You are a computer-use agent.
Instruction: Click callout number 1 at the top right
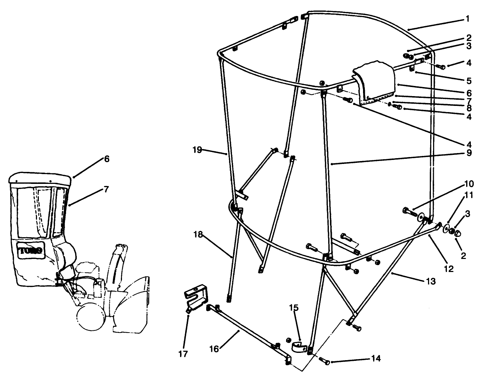pos(468,18)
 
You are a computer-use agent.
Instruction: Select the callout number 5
pos(468,80)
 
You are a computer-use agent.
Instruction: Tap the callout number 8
pos(468,108)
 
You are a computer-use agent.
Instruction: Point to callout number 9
pos(468,153)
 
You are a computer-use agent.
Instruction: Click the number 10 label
pos(468,184)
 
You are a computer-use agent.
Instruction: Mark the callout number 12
pos(449,269)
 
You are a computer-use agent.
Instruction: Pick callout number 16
pos(215,349)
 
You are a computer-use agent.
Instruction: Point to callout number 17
pos(183,354)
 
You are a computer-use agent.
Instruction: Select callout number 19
pos(197,150)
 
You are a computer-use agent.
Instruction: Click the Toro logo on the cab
pos(30,250)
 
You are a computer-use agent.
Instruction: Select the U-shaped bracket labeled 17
pos(195,296)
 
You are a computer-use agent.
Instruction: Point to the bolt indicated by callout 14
pos(324,361)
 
